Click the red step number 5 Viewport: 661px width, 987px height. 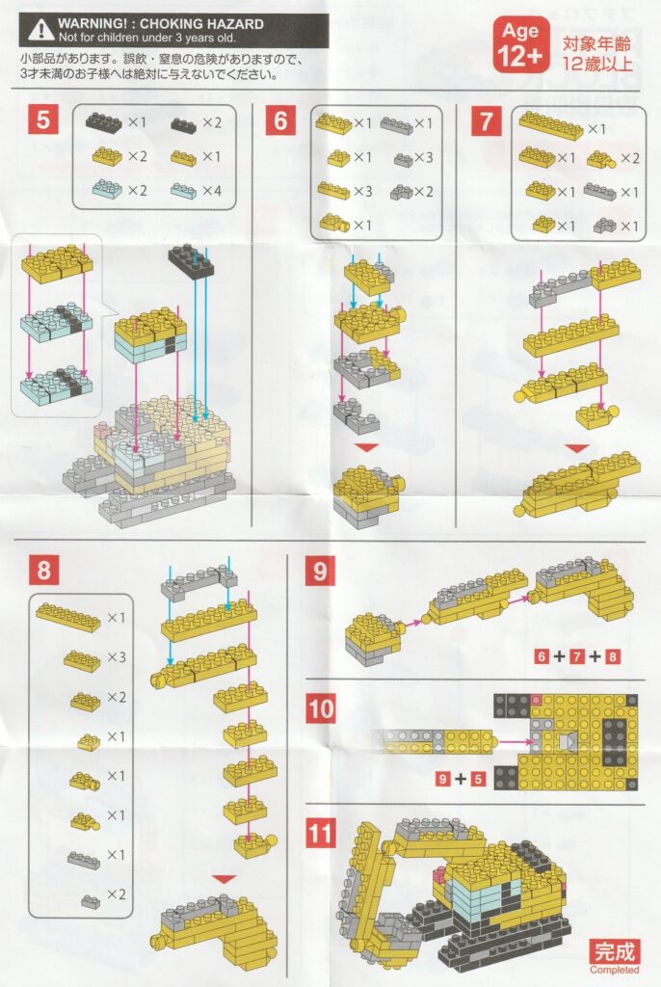pyautogui.click(x=42, y=119)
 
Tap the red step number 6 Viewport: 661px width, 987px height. pyautogui.click(x=280, y=120)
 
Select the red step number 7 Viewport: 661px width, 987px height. pyautogui.click(x=486, y=120)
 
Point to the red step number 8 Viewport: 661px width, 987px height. pyautogui.click(x=43, y=570)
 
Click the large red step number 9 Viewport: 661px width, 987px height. pyautogui.click(x=320, y=571)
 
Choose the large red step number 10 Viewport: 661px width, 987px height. pyautogui.click(x=321, y=708)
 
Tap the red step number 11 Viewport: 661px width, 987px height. pyautogui.click(x=321, y=834)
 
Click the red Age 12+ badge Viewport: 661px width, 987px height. pyautogui.click(x=520, y=44)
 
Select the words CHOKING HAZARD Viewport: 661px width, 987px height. pyautogui.click(x=201, y=24)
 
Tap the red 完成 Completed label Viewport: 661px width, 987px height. pyautogui.click(x=614, y=955)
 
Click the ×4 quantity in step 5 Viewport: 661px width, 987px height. pyautogui.click(x=212, y=190)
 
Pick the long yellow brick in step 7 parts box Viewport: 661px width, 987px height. pyautogui.click(x=551, y=124)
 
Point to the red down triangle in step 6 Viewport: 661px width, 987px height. pyautogui.click(x=366, y=447)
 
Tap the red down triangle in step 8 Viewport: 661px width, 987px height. pyautogui.click(x=224, y=879)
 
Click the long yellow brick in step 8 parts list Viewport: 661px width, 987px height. pyautogui.click(x=68, y=617)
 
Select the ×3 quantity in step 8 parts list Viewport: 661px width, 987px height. pyautogui.click(x=117, y=657)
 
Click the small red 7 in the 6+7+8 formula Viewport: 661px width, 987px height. pyautogui.click(x=576, y=657)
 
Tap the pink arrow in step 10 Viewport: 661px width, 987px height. pyautogui.click(x=515, y=743)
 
